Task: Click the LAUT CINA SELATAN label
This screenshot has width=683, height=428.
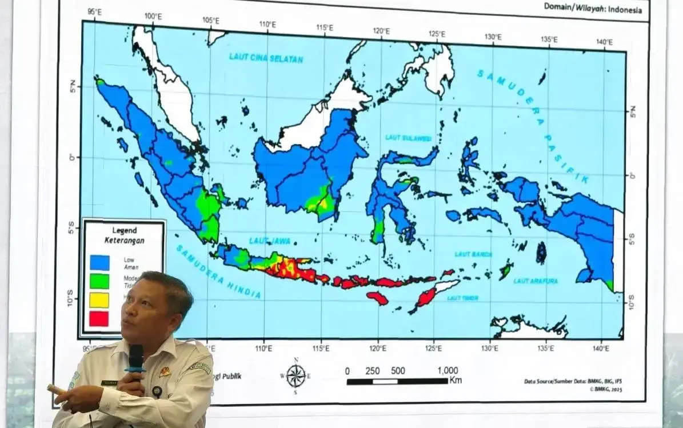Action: [266, 58]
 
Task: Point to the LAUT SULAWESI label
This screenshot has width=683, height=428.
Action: [408, 138]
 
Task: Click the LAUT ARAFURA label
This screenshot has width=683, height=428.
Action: [536, 281]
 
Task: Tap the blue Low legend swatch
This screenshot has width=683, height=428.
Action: [99, 262]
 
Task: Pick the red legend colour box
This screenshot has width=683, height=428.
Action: [99, 318]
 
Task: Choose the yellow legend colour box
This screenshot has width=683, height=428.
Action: [99, 299]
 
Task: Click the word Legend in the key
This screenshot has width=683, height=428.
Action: [124, 230]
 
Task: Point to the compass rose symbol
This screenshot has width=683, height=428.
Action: [295, 375]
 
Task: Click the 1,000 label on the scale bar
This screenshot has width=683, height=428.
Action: [447, 371]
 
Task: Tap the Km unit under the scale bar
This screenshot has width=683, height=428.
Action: [456, 381]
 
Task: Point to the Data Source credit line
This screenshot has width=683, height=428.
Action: [572, 381]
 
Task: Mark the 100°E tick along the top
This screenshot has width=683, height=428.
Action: [153, 17]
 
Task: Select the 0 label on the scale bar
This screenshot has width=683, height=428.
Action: [348, 371]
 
